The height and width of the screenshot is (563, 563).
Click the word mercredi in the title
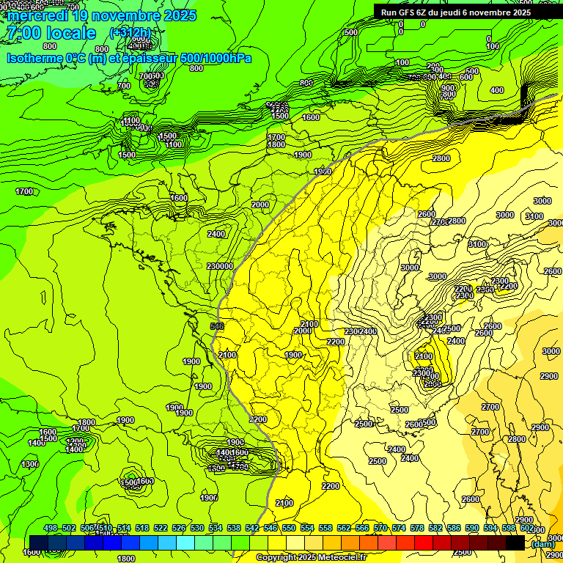(37, 15)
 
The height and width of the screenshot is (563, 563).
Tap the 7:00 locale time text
(51, 33)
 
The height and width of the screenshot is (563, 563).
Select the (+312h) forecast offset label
(130, 33)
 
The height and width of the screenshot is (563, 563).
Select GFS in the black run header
(408, 12)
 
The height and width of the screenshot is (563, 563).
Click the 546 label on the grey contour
(216, 325)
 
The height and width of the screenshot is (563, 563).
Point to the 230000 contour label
(220, 266)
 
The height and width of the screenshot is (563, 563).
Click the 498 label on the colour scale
(51, 528)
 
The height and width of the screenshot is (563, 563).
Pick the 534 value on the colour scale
(216, 528)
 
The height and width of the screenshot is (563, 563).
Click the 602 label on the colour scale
(526, 528)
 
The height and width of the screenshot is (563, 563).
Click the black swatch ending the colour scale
(515, 542)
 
